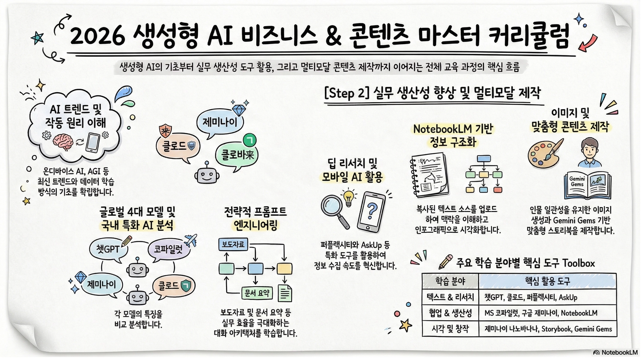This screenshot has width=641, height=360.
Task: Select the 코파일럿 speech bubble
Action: click(168, 249)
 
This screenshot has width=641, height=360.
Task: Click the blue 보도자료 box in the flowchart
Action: click(233, 244)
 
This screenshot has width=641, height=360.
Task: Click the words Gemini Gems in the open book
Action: click(577, 182)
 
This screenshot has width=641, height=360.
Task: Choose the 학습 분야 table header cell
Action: click(450, 281)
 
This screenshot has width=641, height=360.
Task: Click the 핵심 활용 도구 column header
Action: click(547, 281)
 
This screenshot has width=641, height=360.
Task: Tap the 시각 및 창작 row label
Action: click(450, 329)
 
